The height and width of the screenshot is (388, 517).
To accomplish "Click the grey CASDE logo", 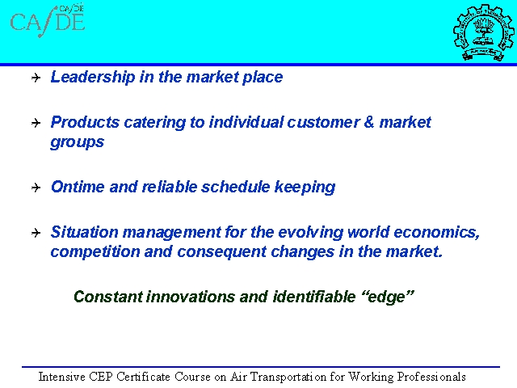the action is [48, 20].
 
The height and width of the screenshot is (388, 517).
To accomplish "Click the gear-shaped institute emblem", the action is [484, 32].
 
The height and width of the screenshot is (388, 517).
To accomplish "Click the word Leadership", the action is [93, 78].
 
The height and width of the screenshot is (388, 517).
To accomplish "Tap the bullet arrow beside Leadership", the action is [36, 78].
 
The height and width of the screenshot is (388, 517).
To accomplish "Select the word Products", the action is [85, 122].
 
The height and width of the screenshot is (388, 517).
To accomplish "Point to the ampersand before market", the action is [369, 122].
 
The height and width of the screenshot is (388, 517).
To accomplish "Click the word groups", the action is [78, 142].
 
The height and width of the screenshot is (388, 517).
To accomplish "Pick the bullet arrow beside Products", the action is [36, 123].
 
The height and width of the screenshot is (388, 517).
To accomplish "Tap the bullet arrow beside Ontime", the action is [36, 188].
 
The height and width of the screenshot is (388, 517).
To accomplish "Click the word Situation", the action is [84, 232].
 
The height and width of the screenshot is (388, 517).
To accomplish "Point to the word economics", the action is [436, 233].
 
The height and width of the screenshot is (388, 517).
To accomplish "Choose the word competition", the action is [95, 252].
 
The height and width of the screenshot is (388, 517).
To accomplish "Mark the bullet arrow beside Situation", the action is [36, 233].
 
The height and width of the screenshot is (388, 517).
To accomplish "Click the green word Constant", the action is [108, 297].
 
